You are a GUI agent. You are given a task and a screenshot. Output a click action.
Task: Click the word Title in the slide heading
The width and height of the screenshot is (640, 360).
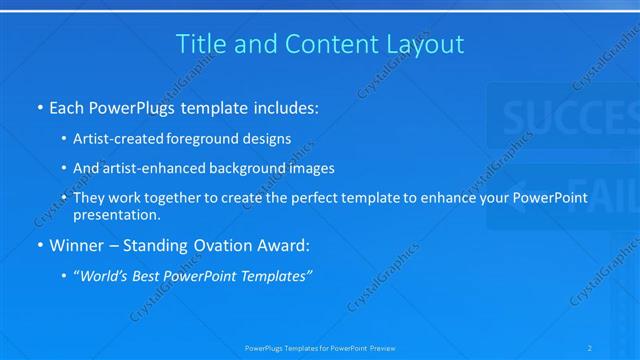pyautogui.click(x=200, y=44)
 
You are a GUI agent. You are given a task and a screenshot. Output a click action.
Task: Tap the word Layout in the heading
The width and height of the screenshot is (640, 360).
pyautogui.click(x=427, y=44)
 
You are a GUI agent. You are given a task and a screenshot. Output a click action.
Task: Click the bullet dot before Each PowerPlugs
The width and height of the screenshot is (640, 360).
pyautogui.click(x=39, y=105)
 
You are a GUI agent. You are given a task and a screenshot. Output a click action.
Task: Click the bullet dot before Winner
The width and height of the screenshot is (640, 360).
pyautogui.click(x=39, y=244)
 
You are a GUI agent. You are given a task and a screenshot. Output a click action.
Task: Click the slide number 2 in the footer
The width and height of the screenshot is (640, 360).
pyautogui.click(x=590, y=348)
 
